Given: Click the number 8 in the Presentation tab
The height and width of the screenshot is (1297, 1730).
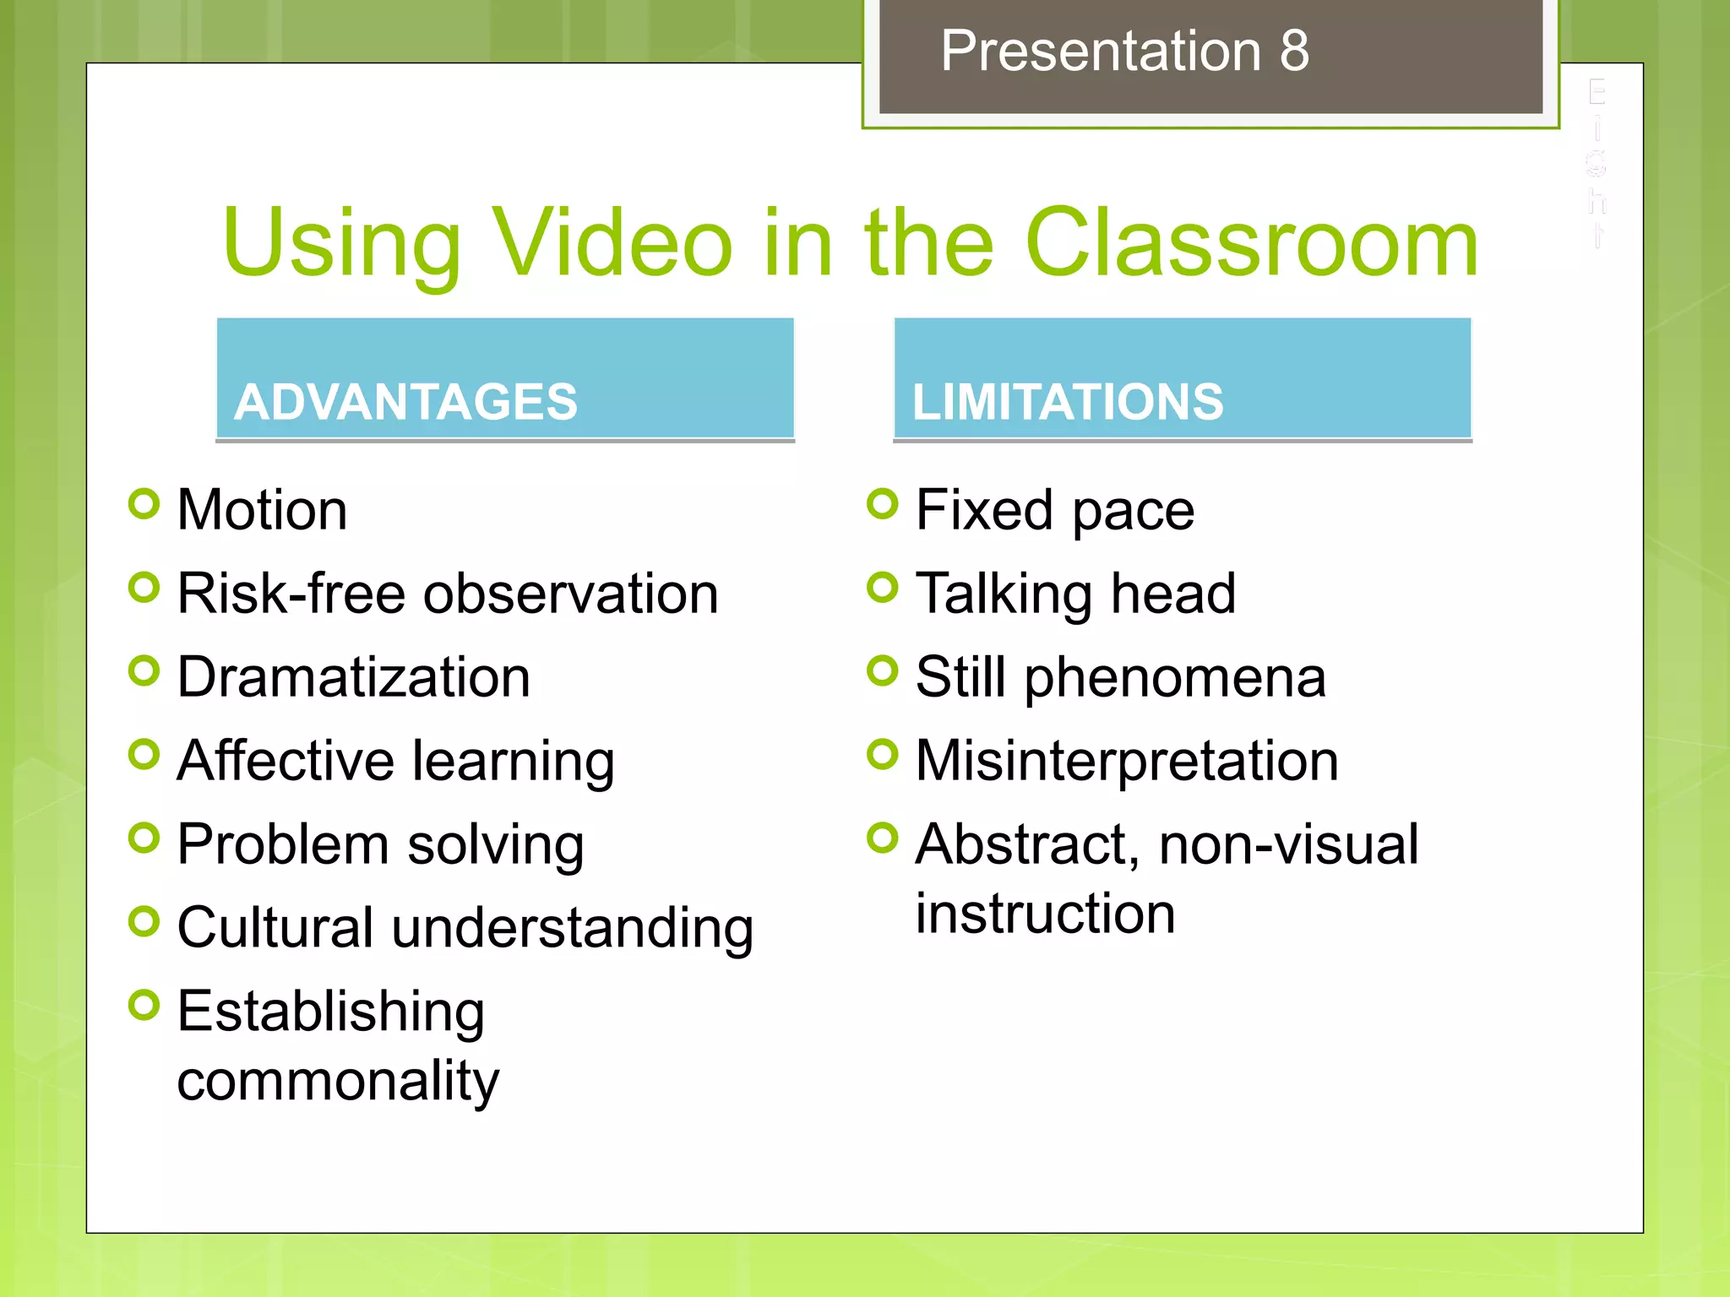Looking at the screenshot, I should (1293, 51).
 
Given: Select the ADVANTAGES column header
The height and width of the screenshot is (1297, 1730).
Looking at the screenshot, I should (406, 401).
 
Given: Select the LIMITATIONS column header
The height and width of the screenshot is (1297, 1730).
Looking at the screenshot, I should (1068, 401).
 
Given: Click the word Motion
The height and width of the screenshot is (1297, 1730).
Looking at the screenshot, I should (262, 510).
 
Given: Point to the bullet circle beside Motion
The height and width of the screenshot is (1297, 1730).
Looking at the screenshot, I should (144, 504).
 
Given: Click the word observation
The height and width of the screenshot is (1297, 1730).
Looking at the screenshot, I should (571, 594).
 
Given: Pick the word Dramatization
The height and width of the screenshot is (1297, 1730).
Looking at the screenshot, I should (354, 677).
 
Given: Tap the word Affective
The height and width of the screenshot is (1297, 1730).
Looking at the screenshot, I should (286, 760).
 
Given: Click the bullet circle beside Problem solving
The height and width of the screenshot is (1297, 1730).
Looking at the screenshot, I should (144, 838).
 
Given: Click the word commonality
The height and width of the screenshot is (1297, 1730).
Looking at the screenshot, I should (338, 1081).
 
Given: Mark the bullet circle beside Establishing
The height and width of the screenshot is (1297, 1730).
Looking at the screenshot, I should (144, 1005).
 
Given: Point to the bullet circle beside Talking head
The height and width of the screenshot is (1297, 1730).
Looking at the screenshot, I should (883, 588).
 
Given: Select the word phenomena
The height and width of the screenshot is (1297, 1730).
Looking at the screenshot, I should (1175, 679).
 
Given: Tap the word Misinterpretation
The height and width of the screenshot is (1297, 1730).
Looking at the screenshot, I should (1127, 760).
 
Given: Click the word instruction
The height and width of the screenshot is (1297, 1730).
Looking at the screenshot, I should (1046, 914).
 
